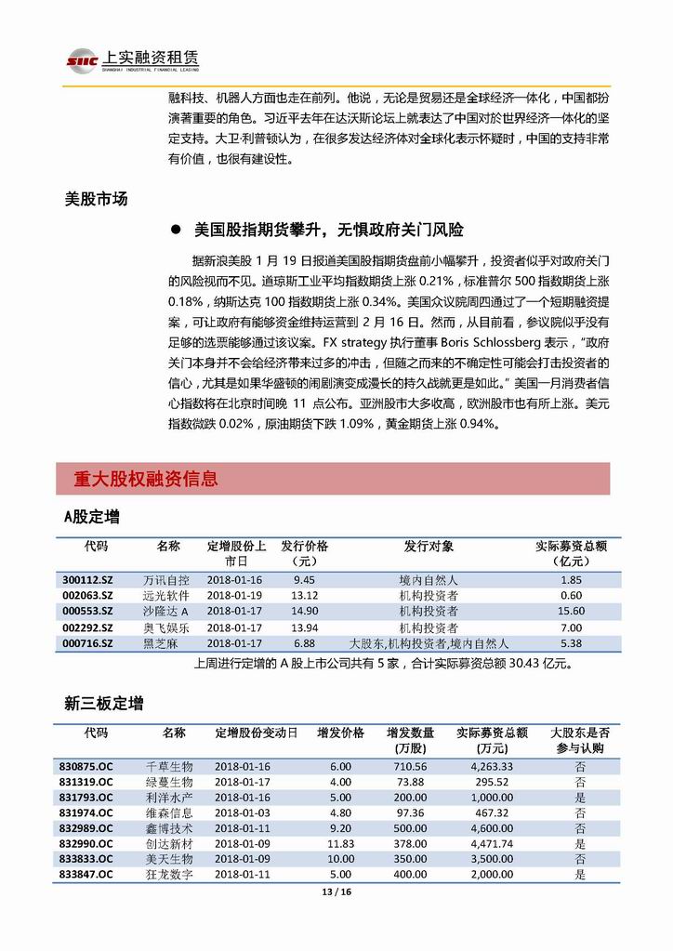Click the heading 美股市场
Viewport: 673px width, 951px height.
coord(96,198)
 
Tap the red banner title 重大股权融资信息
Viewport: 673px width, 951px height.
coord(146,480)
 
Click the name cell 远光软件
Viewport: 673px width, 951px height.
coord(166,595)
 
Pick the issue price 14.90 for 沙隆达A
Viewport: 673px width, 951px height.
coord(304,611)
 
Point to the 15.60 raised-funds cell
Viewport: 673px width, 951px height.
coord(571,611)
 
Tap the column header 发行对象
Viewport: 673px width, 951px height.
coord(429,546)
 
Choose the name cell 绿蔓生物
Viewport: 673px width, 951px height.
coord(169,782)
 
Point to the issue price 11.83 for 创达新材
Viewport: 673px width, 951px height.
coord(340,843)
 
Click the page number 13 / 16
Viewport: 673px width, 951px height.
coord(336,893)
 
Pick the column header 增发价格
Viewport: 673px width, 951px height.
coord(340,733)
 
